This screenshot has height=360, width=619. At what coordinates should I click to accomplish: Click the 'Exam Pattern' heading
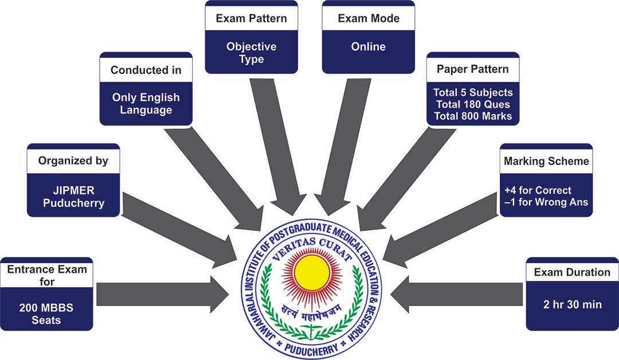point(251,18)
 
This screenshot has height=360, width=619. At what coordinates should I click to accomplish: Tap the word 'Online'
point(368,46)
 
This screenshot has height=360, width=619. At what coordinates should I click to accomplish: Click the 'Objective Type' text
point(251,53)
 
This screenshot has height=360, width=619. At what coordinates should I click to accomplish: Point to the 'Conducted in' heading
point(146,71)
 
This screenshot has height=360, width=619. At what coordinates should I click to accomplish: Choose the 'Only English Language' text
point(146,103)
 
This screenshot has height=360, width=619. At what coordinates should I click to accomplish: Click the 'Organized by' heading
point(73,161)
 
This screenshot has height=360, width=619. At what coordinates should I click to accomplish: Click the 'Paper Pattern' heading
point(472,70)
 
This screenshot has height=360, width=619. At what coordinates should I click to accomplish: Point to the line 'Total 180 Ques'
point(472,105)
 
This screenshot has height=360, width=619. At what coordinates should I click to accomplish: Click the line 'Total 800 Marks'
point(472,117)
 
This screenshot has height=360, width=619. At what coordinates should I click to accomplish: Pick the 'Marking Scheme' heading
point(546,161)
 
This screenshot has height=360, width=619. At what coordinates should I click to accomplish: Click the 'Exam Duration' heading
point(571,272)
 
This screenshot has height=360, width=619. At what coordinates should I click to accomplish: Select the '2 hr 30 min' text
point(571,304)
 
